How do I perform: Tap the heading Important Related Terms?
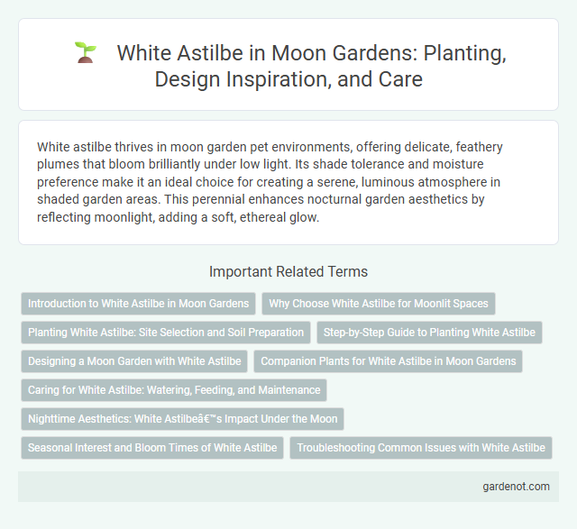coord(288,271)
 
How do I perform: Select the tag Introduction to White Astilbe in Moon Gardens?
coord(138,304)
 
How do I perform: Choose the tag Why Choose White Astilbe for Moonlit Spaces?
coord(379,304)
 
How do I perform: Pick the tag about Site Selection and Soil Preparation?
coord(166,333)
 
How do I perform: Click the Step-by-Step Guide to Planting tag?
coord(429,333)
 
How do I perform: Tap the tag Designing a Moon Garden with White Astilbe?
coord(134,361)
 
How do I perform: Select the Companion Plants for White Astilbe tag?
coord(388,361)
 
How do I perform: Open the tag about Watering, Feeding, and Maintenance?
coord(174,390)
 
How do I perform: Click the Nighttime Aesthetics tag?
coord(182,419)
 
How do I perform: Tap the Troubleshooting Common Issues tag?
coord(421,448)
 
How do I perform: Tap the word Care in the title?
coord(401,78)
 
